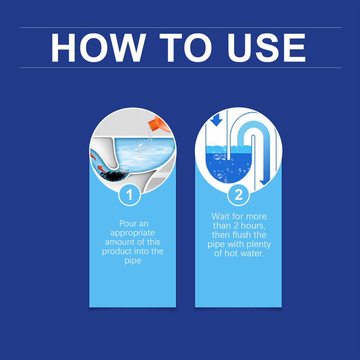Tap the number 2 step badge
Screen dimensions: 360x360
pos(238,195)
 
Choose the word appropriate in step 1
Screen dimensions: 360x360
pos(132,233)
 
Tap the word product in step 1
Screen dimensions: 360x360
pos(117,251)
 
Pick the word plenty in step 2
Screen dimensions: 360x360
pos(257,244)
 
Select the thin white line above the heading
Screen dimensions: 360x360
pos(180,27)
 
